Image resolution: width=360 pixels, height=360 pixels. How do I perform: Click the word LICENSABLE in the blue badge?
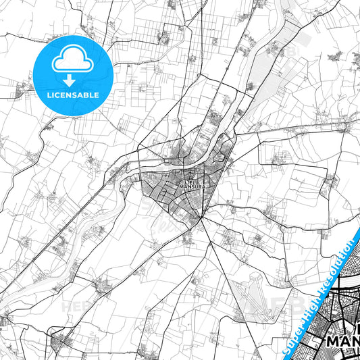(73, 95)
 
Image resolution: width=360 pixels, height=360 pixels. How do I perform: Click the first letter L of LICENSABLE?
(49, 95)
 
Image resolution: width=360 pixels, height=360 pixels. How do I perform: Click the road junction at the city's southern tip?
(201, 218)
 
